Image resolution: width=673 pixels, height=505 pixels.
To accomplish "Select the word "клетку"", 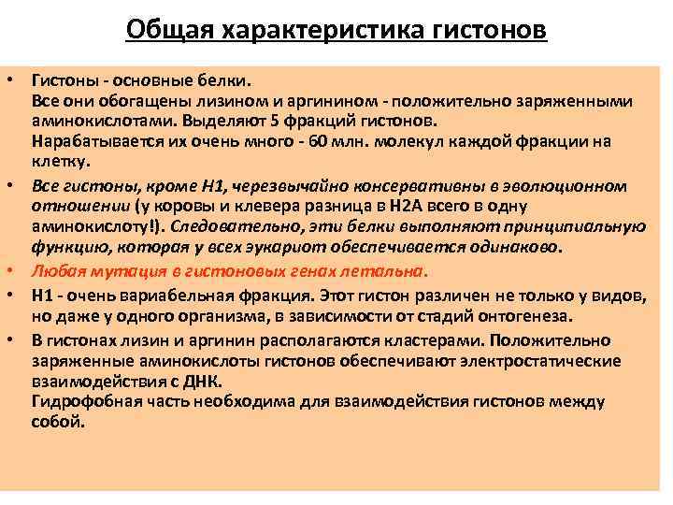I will click(57, 161).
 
